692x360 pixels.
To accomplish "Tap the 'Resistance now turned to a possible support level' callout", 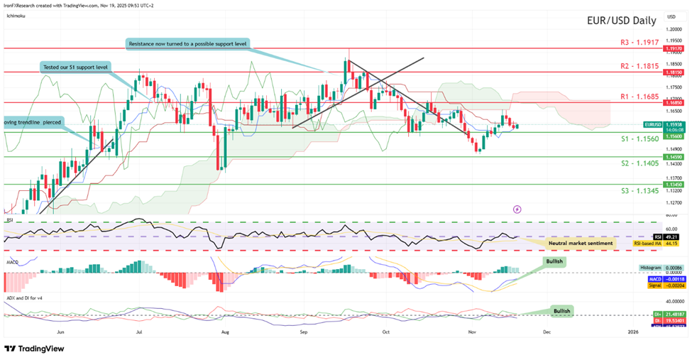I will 187,44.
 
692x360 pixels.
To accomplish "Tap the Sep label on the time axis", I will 303,331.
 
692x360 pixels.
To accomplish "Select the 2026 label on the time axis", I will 632,331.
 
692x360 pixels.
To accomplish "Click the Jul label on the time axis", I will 139,331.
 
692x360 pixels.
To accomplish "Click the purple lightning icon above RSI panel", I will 517,209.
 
